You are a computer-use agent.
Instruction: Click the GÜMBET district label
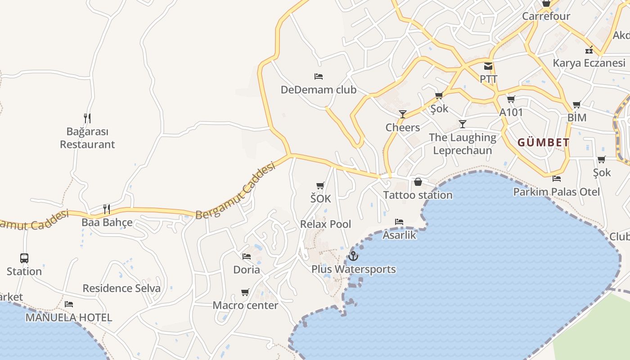tap(543, 143)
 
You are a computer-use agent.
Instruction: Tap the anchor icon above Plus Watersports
tap(353, 256)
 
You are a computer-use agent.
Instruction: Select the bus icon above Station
tap(24, 258)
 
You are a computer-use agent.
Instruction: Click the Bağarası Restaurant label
tap(87, 138)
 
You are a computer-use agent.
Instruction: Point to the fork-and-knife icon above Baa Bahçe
tap(107, 209)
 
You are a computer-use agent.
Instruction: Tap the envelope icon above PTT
tap(488, 67)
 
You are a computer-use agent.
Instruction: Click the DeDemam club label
tap(318, 90)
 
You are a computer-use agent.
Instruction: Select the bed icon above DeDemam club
tap(318, 76)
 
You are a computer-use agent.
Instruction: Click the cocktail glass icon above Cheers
tap(403, 114)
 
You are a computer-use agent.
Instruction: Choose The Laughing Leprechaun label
tap(462, 144)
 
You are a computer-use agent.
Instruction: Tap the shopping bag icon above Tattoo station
tap(418, 182)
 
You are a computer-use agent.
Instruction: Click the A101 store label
tap(511, 112)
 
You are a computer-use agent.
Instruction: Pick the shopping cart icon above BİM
tap(576, 105)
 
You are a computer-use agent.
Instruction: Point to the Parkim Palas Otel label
tap(557, 192)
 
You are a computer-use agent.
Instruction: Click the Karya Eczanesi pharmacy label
tap(589, 63)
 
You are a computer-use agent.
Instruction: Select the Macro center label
tap(245, 305)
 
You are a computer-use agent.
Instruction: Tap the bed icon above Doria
tap(247, 256)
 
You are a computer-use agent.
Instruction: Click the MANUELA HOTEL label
tap(68, 317)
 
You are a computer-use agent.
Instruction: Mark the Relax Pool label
tap(325, 224)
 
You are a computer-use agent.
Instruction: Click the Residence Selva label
tap(121, 288)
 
